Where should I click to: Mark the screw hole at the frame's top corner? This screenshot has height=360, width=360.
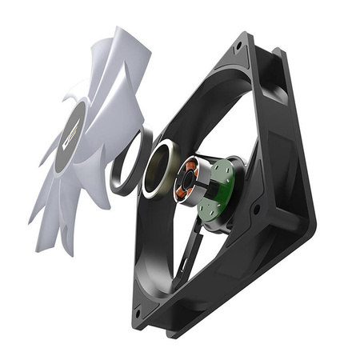(x=237, y=46)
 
